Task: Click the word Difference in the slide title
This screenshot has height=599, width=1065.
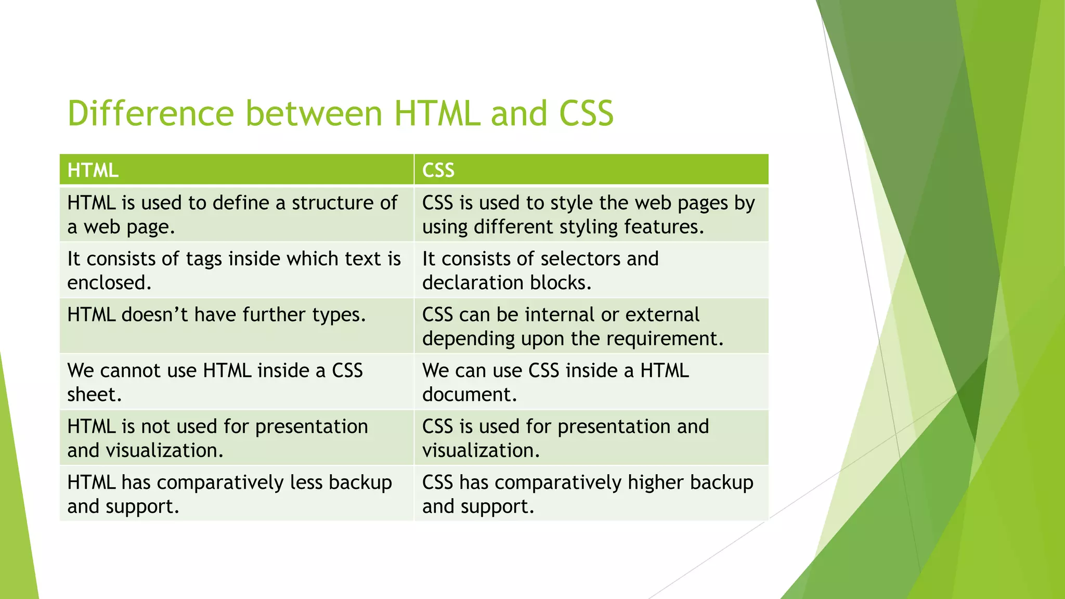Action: [x=151, y=113]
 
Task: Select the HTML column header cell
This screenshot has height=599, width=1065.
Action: [x=237, y=170]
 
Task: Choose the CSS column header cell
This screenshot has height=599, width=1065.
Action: [x=591, y=170]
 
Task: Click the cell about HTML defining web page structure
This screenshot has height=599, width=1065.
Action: [x=237, y=215]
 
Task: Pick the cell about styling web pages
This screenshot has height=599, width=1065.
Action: [x=591, y=215]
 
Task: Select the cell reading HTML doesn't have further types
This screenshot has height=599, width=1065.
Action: [x=237, y=326]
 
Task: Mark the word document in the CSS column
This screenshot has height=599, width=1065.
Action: [x=469, y=395]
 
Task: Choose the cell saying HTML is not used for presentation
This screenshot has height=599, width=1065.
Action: [x=237, y=438]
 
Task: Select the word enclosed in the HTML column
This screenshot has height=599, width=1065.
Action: [x=109, y=283]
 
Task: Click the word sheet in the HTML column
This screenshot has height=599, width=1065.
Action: [x=94, y=395]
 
